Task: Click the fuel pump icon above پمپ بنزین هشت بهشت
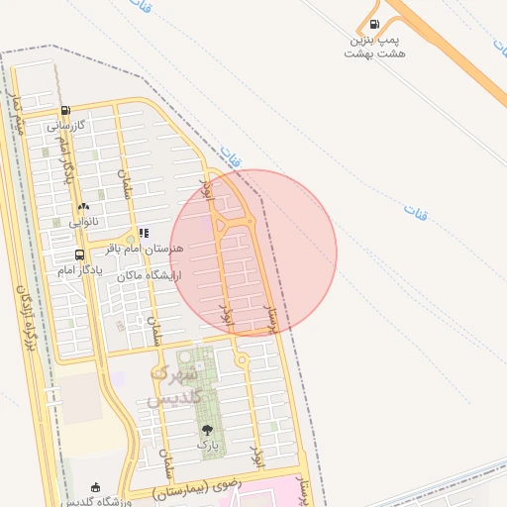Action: pos(373,25)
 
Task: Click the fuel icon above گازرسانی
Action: pos(65,110)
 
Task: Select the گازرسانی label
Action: pos(67,126)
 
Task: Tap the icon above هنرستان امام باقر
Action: pos(144,234)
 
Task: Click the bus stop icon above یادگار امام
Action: pos(79,254)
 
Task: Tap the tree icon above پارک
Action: pos(207,430)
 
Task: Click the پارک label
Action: pos(207,446)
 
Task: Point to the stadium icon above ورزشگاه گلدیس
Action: pos(95,487)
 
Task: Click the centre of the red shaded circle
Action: pos(253,253)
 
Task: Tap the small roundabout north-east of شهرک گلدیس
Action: pos(242,358)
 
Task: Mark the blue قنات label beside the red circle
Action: pos(234,156)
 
